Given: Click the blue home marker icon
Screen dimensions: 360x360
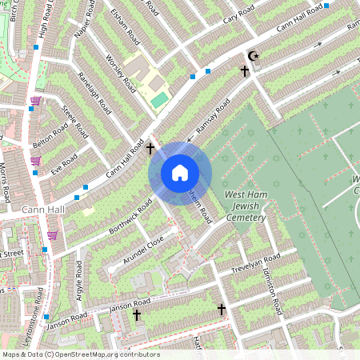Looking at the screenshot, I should coord(180,173).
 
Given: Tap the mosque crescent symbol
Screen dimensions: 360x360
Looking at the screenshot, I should coord(254,56).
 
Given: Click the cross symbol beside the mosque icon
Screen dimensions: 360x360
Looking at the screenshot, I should coord(245,71).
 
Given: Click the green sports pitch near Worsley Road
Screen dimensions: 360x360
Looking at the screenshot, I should coord(160,99).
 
